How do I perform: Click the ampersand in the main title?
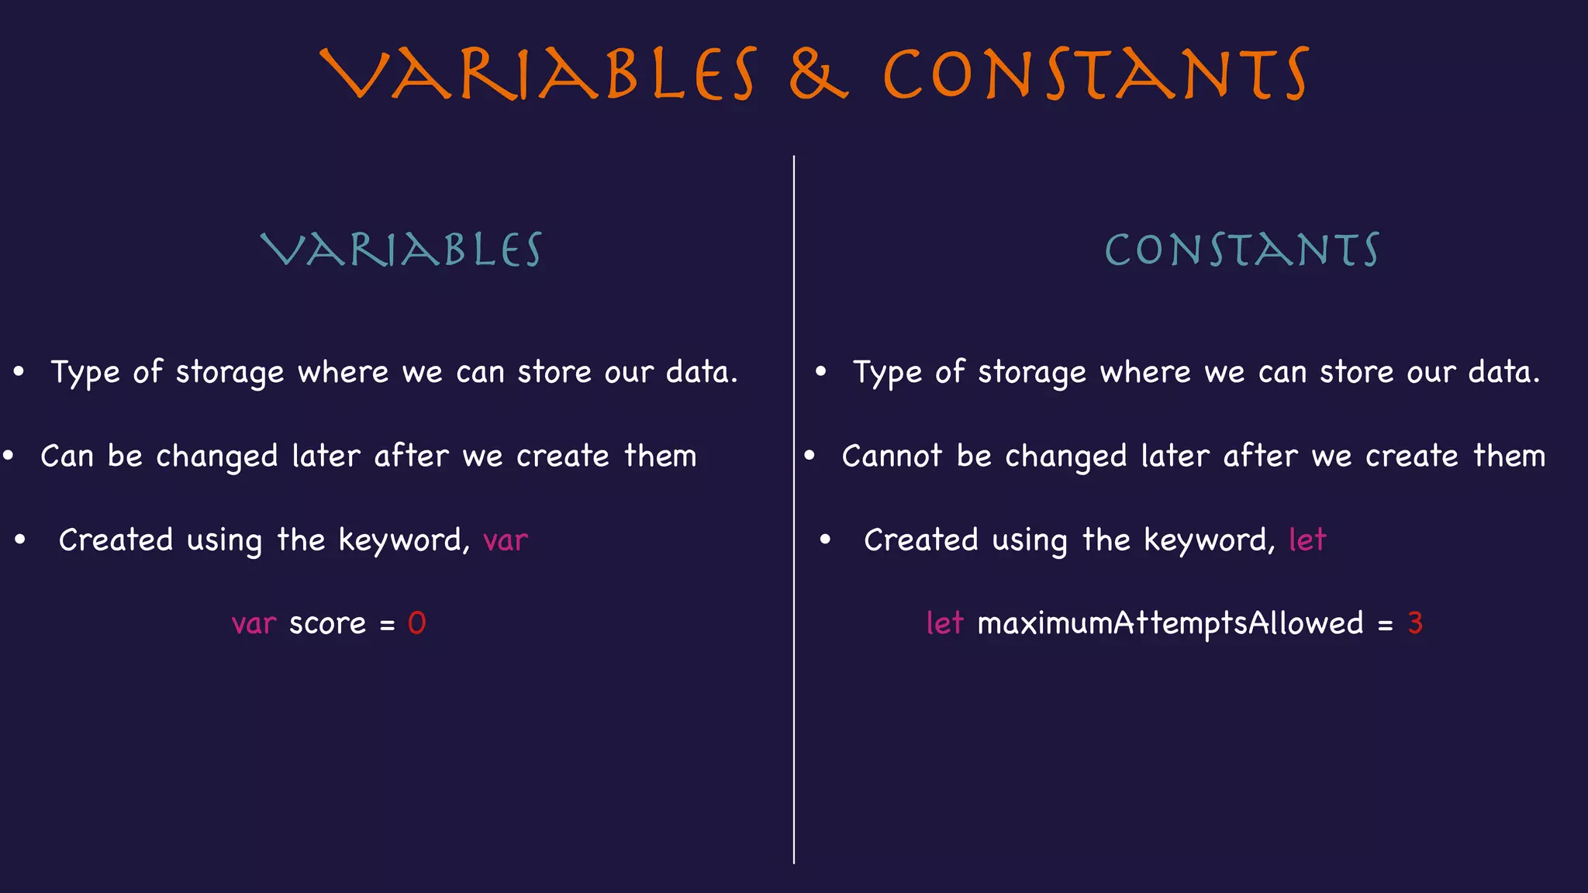(x=818, y=74)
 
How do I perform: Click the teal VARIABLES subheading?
(x=401, y=250)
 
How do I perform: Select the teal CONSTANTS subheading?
(x=1241, y=250)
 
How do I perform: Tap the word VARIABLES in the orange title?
(x=538, y=74)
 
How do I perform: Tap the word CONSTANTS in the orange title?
(x=1096, y=74)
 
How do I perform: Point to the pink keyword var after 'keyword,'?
(x=505, y=540)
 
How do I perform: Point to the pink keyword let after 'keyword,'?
(x=1307, y=540)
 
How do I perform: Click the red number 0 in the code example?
(x=416, y=623)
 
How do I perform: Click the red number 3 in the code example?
(x=1415, y=623)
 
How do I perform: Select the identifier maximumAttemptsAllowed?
(x=1170, y=624)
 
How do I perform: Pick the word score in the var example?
(x=327, y=624)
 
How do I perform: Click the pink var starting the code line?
(x=254, y=624)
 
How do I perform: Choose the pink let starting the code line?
(x=944, y=623)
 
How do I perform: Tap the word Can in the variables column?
(x=67, y=456)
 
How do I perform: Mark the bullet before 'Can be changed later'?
(x=9, y=456)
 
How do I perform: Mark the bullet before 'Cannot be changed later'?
(x=810, y=456)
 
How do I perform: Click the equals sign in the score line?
(x=387, y=625)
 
